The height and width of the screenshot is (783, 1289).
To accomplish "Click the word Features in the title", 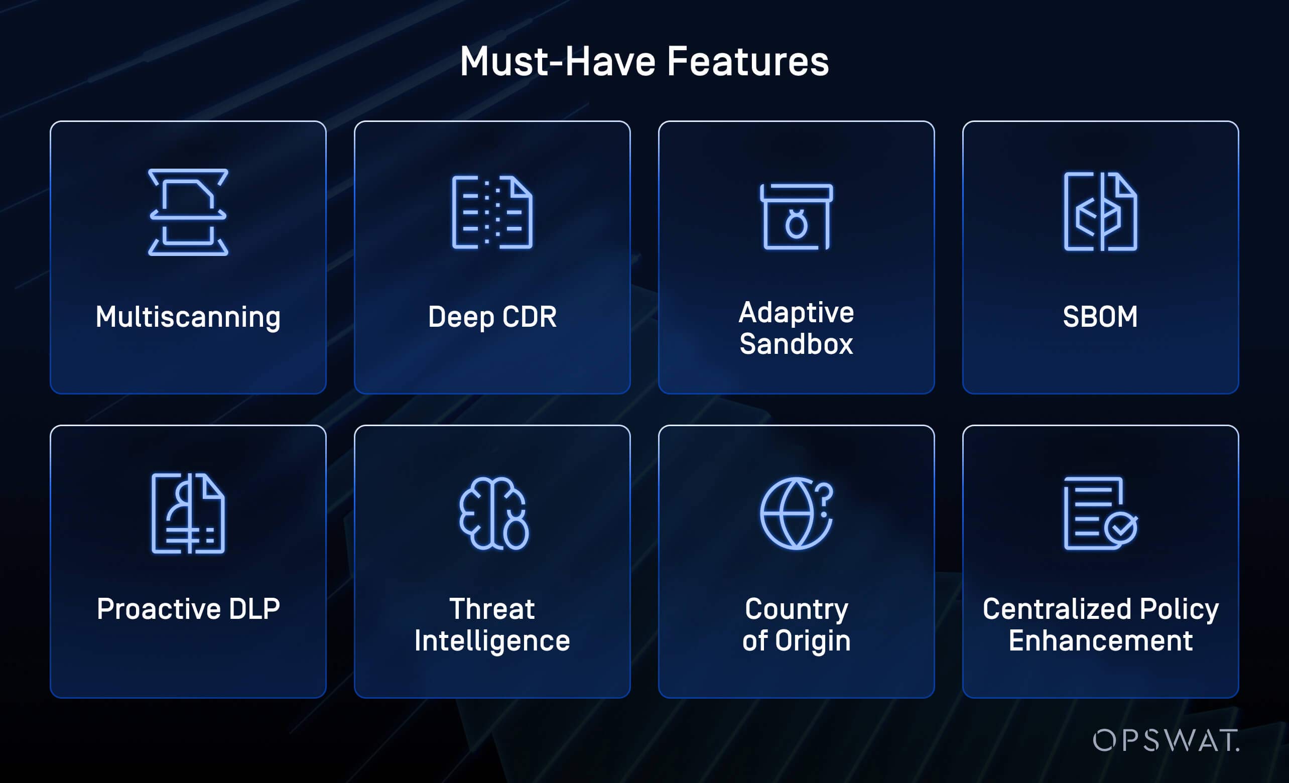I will pos(747,62).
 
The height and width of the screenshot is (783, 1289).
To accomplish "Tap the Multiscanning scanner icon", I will pos(188,212).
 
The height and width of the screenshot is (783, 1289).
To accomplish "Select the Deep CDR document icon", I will pos(492,212).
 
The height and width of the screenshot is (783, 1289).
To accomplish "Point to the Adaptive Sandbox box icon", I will pos(796,216).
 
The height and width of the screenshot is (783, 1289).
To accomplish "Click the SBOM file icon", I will pos(1100,211).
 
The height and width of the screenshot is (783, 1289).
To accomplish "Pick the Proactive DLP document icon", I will pos(188,513).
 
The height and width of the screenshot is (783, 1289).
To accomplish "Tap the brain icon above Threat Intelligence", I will pos(493,513).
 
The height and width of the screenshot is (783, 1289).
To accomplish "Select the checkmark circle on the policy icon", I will pos(1120,529).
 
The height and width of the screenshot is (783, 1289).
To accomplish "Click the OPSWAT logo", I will pos(1166,740).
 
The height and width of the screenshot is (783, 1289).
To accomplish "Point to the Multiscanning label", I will pos(188,317).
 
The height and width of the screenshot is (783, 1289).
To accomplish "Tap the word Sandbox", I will pos(796,344).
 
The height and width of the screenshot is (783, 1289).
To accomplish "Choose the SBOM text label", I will pos(1100,317).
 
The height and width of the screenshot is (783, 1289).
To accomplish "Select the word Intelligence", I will pos(492,641).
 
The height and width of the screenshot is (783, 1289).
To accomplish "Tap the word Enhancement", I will pos(1100,641).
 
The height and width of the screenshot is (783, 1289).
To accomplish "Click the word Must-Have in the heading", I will pos(557,62).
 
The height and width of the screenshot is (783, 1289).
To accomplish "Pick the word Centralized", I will pos(1056,609).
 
